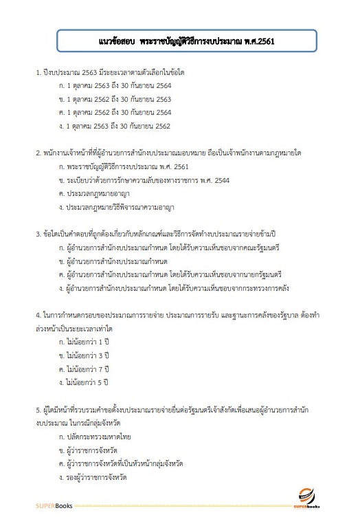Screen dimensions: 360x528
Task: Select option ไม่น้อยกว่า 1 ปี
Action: pos(85,341)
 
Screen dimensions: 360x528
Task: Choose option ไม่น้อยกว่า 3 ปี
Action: pos(85,355)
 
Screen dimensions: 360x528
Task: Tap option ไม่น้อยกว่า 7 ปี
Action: pos(85,368)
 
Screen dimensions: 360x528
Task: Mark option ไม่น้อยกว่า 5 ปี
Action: pos(85,382)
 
